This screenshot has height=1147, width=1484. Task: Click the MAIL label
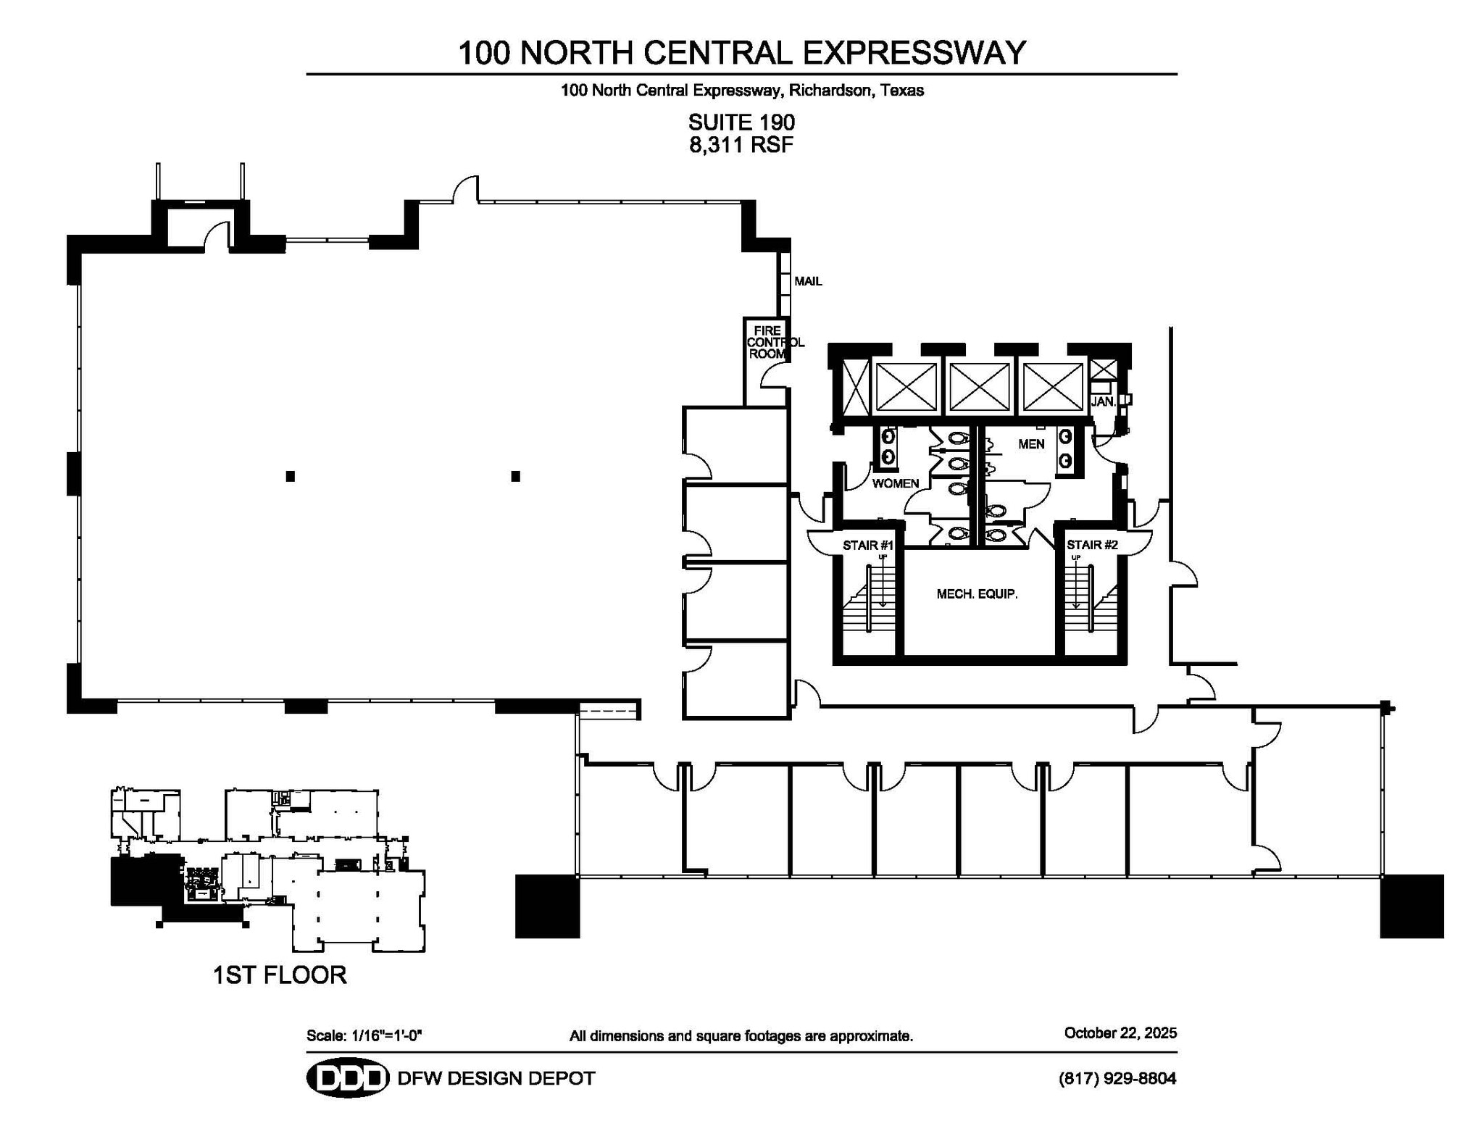808,281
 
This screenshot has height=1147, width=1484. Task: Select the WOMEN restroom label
895,483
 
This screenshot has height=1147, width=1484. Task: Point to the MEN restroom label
1031,444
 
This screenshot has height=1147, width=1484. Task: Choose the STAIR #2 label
1091,545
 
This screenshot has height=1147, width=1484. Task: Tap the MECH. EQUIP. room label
977,594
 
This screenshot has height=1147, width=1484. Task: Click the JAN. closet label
1102,401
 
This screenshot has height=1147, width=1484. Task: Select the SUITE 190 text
741,122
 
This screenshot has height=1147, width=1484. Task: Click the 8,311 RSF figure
741,145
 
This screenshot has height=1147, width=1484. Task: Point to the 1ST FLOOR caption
280,975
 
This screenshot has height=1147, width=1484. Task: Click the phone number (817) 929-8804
1117,1078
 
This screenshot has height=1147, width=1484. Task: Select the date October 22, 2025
1120,1033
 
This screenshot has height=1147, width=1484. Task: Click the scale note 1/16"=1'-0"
386,1035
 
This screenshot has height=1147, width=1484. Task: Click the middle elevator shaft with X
980,387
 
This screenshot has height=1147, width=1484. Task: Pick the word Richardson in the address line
829,91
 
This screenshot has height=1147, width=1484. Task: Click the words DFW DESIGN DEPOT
496,1078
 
